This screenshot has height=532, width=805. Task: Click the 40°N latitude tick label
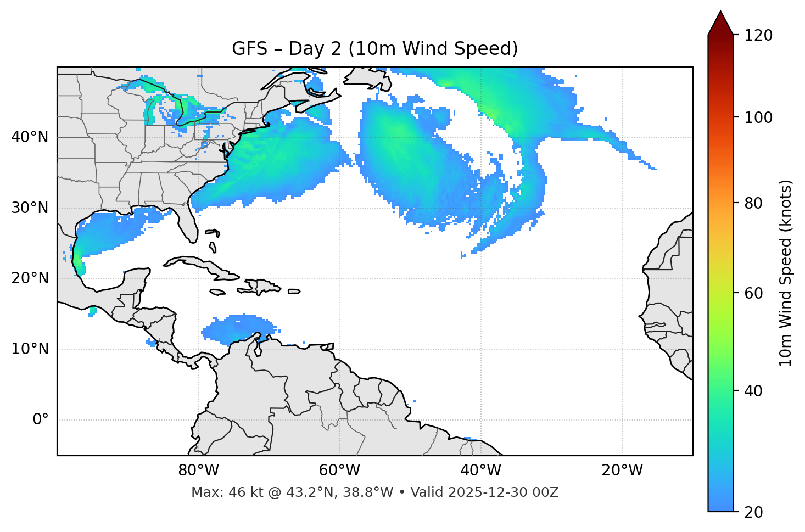pos(30,137)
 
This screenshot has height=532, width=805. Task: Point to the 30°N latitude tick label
pos(30,208)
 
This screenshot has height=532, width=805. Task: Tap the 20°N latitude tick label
pos(30,278)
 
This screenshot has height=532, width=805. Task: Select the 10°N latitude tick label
pos(30,349)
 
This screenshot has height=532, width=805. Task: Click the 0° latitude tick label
pos(41,420)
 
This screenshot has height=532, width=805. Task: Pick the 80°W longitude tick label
pos(198,471)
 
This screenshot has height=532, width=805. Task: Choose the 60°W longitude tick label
pos(339,471)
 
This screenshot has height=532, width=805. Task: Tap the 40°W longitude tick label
pos(480,471)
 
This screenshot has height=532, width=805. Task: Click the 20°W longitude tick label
pos(622,471)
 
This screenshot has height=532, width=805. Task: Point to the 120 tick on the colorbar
pos(758,35)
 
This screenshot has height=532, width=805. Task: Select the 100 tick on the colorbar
pos(758,117)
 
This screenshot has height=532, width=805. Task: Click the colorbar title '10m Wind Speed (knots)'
pos(786,273)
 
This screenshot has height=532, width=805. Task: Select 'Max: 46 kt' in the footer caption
pos(217,492)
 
